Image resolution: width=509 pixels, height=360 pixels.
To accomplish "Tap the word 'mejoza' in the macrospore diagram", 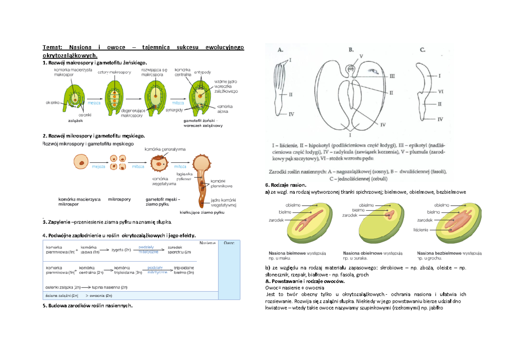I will click(x=94, y=103).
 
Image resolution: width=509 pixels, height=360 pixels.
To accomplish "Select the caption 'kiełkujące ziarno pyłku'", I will click(x=201, y=213).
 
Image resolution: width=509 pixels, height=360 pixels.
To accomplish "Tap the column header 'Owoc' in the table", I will click(x=229, y=243).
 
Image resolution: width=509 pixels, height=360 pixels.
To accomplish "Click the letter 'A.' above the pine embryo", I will click(x=281, y=50).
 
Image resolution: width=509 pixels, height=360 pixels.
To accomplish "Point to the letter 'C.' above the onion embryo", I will click(x=422, y=50).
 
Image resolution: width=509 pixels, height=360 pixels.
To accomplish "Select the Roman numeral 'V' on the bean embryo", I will click(x=361, y=56).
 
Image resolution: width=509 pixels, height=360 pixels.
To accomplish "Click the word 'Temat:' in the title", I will click(x=52, y=47).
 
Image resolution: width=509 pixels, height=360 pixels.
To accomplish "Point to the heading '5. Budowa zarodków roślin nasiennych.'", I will click(x=88, y=306).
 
